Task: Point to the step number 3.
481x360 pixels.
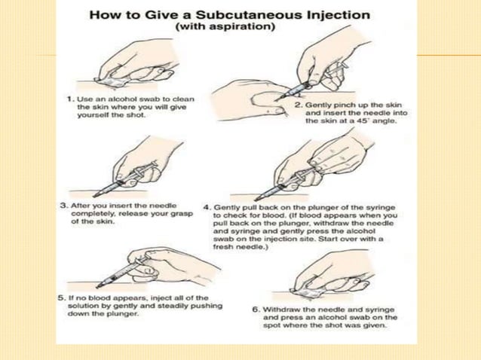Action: click(x=63, y=204)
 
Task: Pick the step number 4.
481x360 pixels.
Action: click(x=207, y=206)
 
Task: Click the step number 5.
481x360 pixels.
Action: click(x=63, y=297)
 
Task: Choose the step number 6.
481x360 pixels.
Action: click(x=256, y=310)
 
